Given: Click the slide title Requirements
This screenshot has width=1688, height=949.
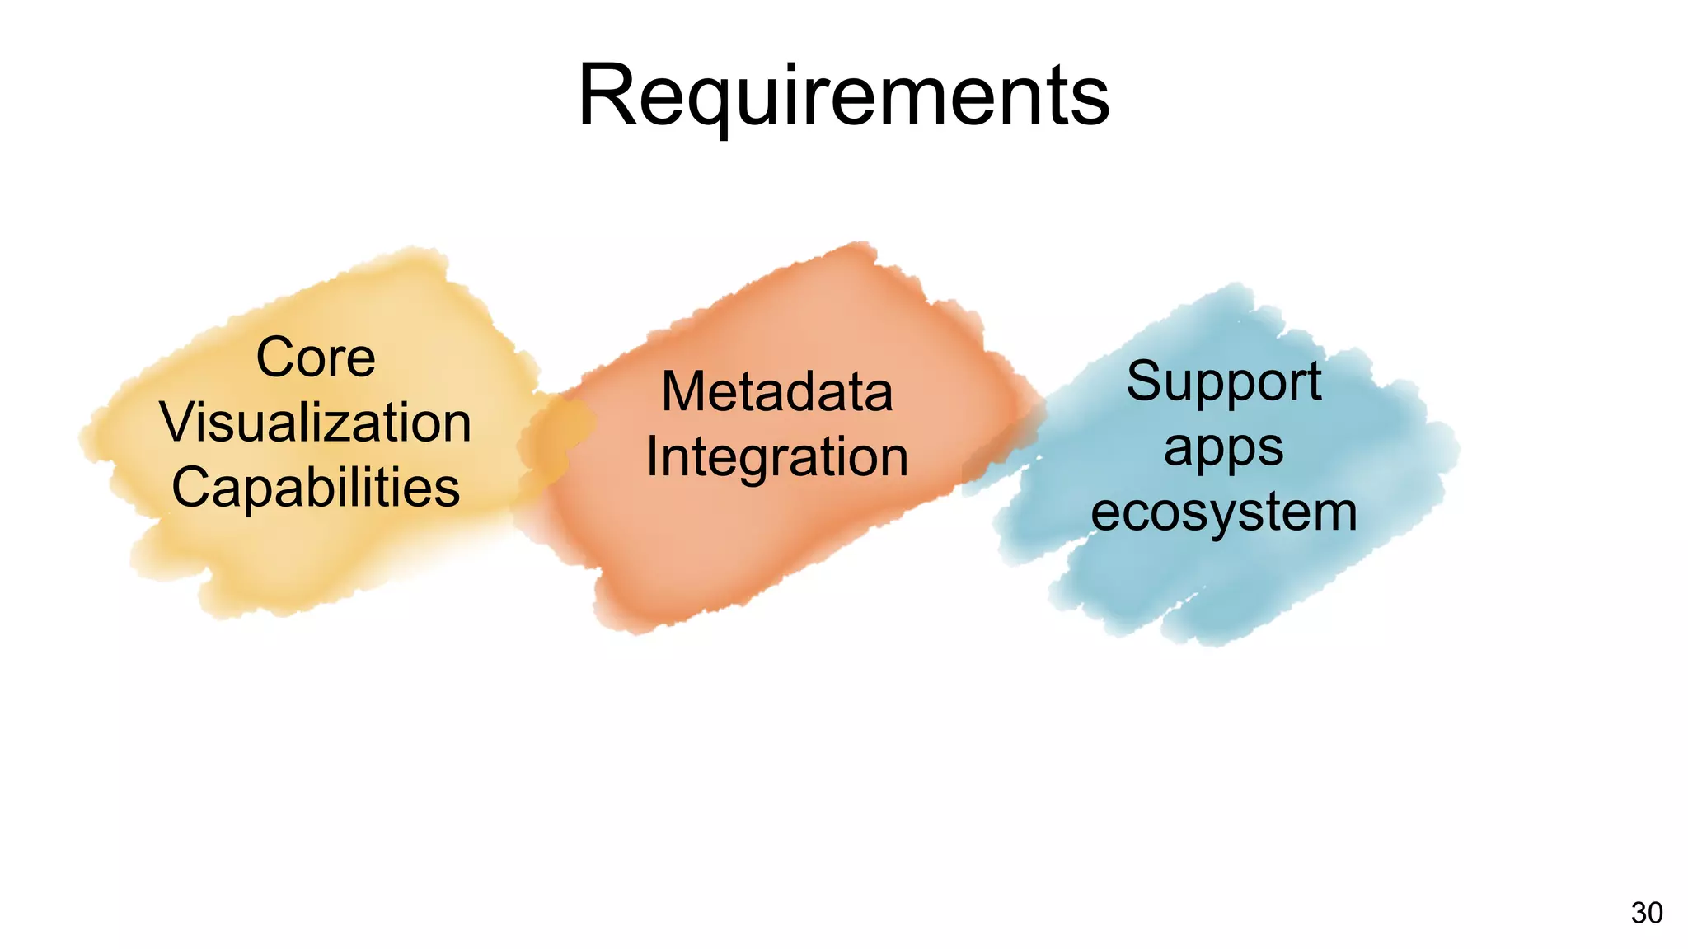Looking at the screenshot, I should [843, 96].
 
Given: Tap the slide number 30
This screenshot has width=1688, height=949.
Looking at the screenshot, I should [1646, 913].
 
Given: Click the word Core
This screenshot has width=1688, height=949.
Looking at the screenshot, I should [316, 358].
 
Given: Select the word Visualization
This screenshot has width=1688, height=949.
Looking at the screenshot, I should [316, 422].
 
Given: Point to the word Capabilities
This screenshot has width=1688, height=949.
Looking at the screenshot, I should [316, 488].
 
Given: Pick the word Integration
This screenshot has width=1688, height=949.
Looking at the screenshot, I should [776, 456].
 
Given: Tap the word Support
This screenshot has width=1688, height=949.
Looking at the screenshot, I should [1223, 381].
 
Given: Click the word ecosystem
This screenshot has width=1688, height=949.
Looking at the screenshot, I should [1223, 512].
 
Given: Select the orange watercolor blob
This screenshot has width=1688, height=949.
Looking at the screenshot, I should [742, 560].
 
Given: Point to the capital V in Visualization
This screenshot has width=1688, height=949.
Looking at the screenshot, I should [176, 422].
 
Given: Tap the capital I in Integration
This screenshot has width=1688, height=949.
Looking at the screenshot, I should [651, 456].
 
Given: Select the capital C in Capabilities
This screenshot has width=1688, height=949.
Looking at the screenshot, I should [190, 488].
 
